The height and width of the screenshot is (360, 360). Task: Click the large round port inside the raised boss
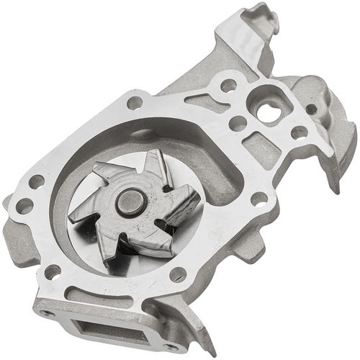click(269, 111)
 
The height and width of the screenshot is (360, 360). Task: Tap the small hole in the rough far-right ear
click(311, 109)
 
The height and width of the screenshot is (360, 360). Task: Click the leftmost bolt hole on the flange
click(24, 206)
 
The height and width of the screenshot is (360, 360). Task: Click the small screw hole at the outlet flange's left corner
click(47, 313)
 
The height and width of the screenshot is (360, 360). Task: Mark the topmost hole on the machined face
click(228, 85)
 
